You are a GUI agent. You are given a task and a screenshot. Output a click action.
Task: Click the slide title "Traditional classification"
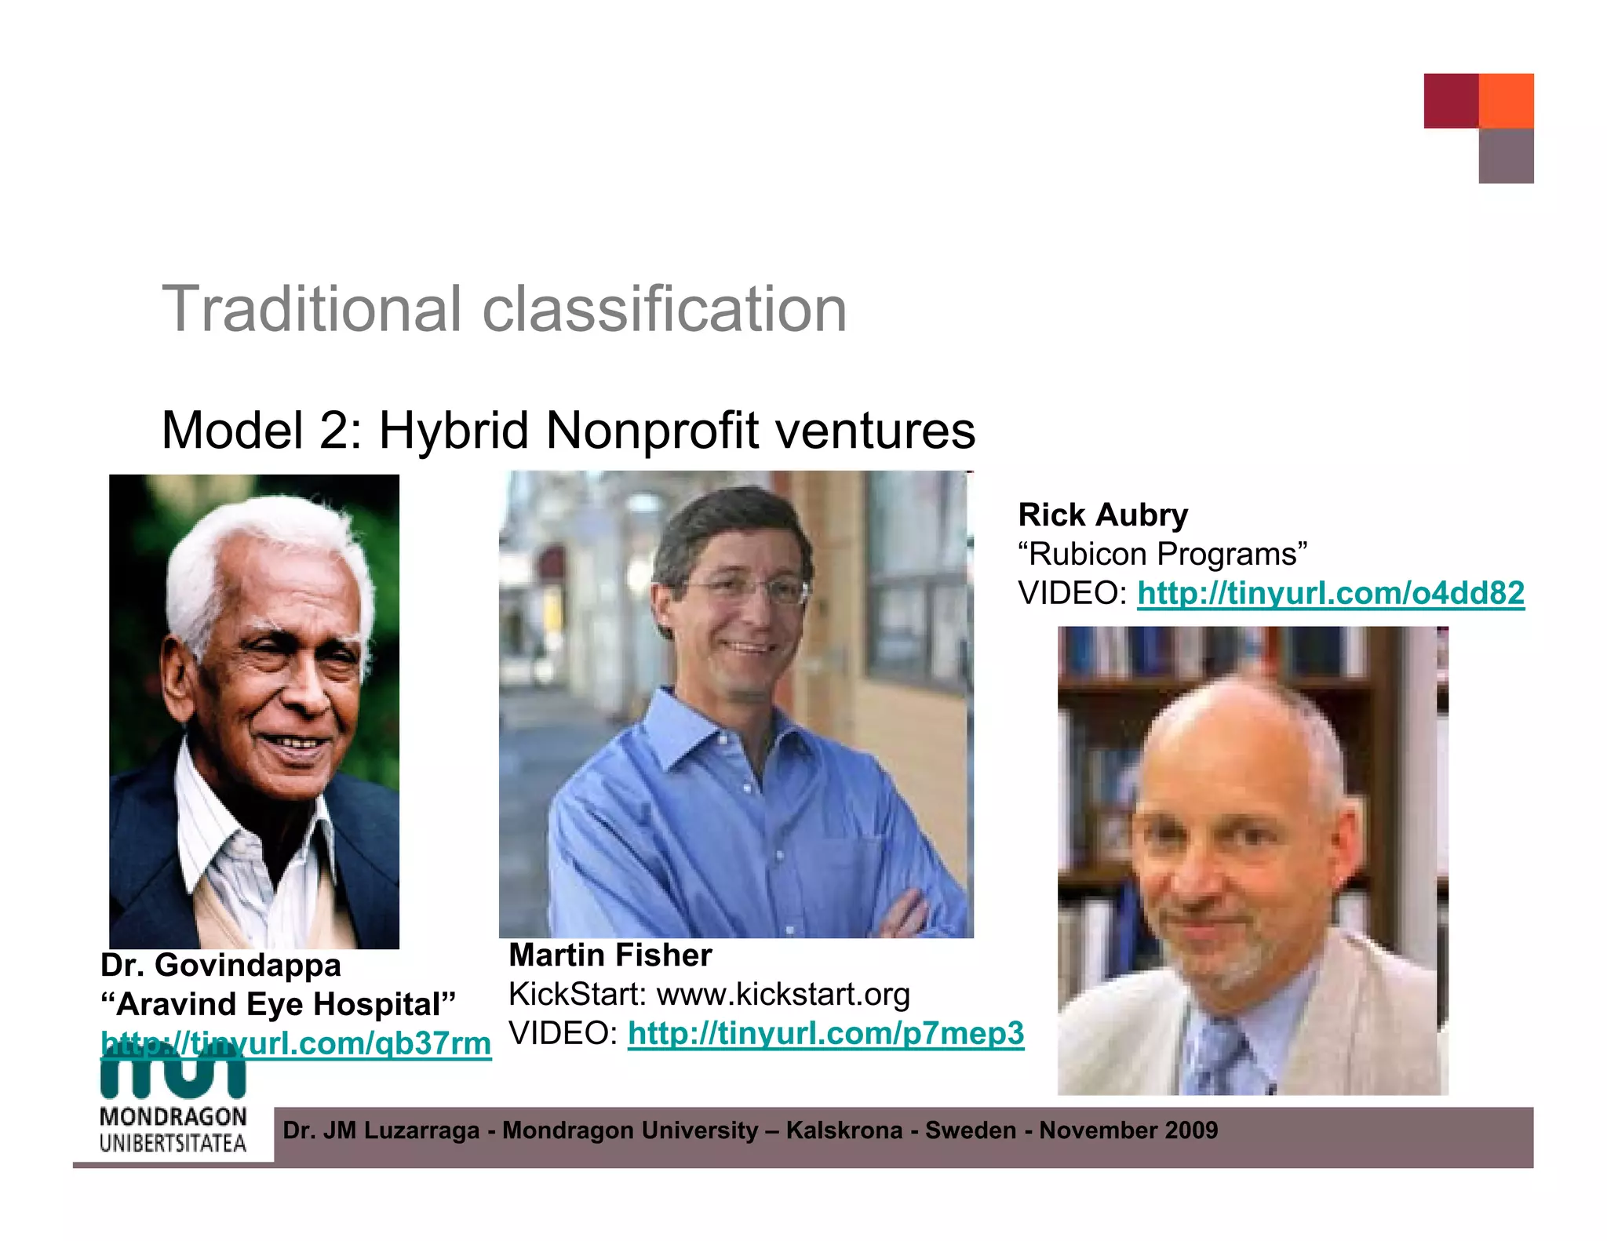[504, 309]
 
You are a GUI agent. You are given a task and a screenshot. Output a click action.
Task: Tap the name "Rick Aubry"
[1102, 515]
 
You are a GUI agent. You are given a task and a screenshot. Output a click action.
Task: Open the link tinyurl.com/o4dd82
[1330, 593]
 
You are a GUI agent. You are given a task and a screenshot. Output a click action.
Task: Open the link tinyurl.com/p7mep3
[825, 1033]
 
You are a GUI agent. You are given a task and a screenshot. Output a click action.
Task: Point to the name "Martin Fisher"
[610, 955]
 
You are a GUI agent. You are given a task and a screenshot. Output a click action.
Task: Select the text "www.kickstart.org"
[782, 994]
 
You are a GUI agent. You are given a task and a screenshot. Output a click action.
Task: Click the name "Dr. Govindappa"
[220, 965]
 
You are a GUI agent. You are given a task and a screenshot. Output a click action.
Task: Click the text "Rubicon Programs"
[1162, 554]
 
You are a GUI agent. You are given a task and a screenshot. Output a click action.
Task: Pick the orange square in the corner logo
[1506, 100]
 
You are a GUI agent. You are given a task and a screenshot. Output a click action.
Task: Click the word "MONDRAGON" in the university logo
[173, 1116]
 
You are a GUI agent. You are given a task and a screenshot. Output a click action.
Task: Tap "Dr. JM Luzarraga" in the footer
[381, 1130]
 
